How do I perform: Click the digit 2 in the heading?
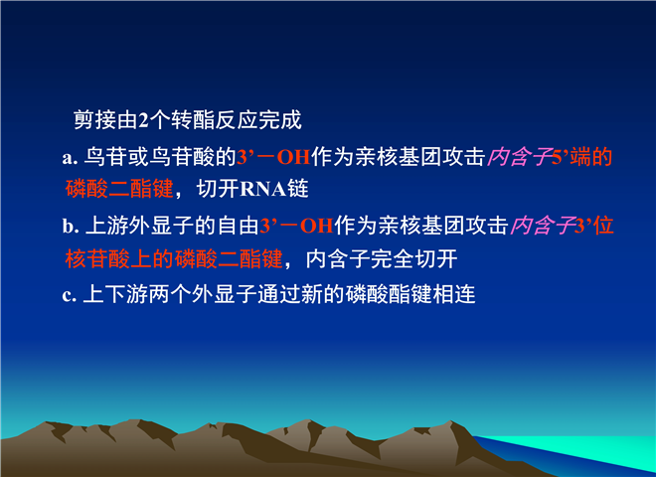[x=143, y=120]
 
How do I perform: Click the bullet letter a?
[x=70, y=158]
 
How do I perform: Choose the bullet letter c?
[x=69, y=295]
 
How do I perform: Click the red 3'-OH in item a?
[x=273, y=157]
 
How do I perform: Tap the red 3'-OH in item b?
[x=296, y=226]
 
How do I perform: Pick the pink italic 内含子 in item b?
[x=542, y=226]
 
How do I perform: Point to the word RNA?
[x=262, y=189]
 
